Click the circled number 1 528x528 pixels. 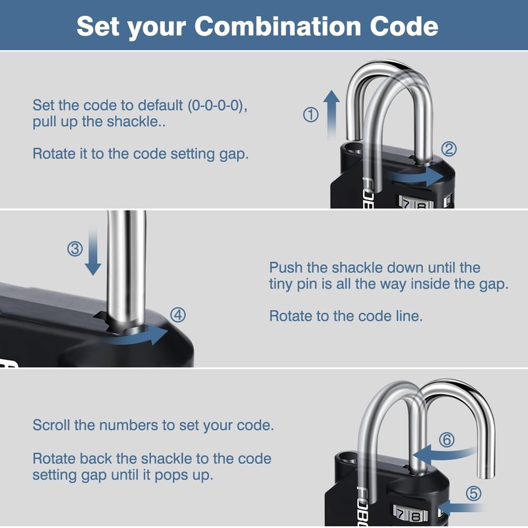[x=310, y=115]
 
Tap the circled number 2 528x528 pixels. [x=449, y=148]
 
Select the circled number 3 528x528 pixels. [x=75, y=249]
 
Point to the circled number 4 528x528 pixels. [x=178, y=314]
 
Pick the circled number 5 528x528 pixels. [x=474, y=493]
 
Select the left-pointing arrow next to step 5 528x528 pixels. [x=458, y=507]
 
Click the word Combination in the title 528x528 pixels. [x=271, y=26]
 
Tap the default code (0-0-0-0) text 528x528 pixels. [x=217, y=106]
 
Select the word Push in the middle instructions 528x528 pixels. [x=286, y=268]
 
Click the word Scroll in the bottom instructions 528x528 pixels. [x=52, y=425]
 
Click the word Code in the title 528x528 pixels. [x=403, y=26]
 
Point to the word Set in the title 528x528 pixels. [x=98, y=26]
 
